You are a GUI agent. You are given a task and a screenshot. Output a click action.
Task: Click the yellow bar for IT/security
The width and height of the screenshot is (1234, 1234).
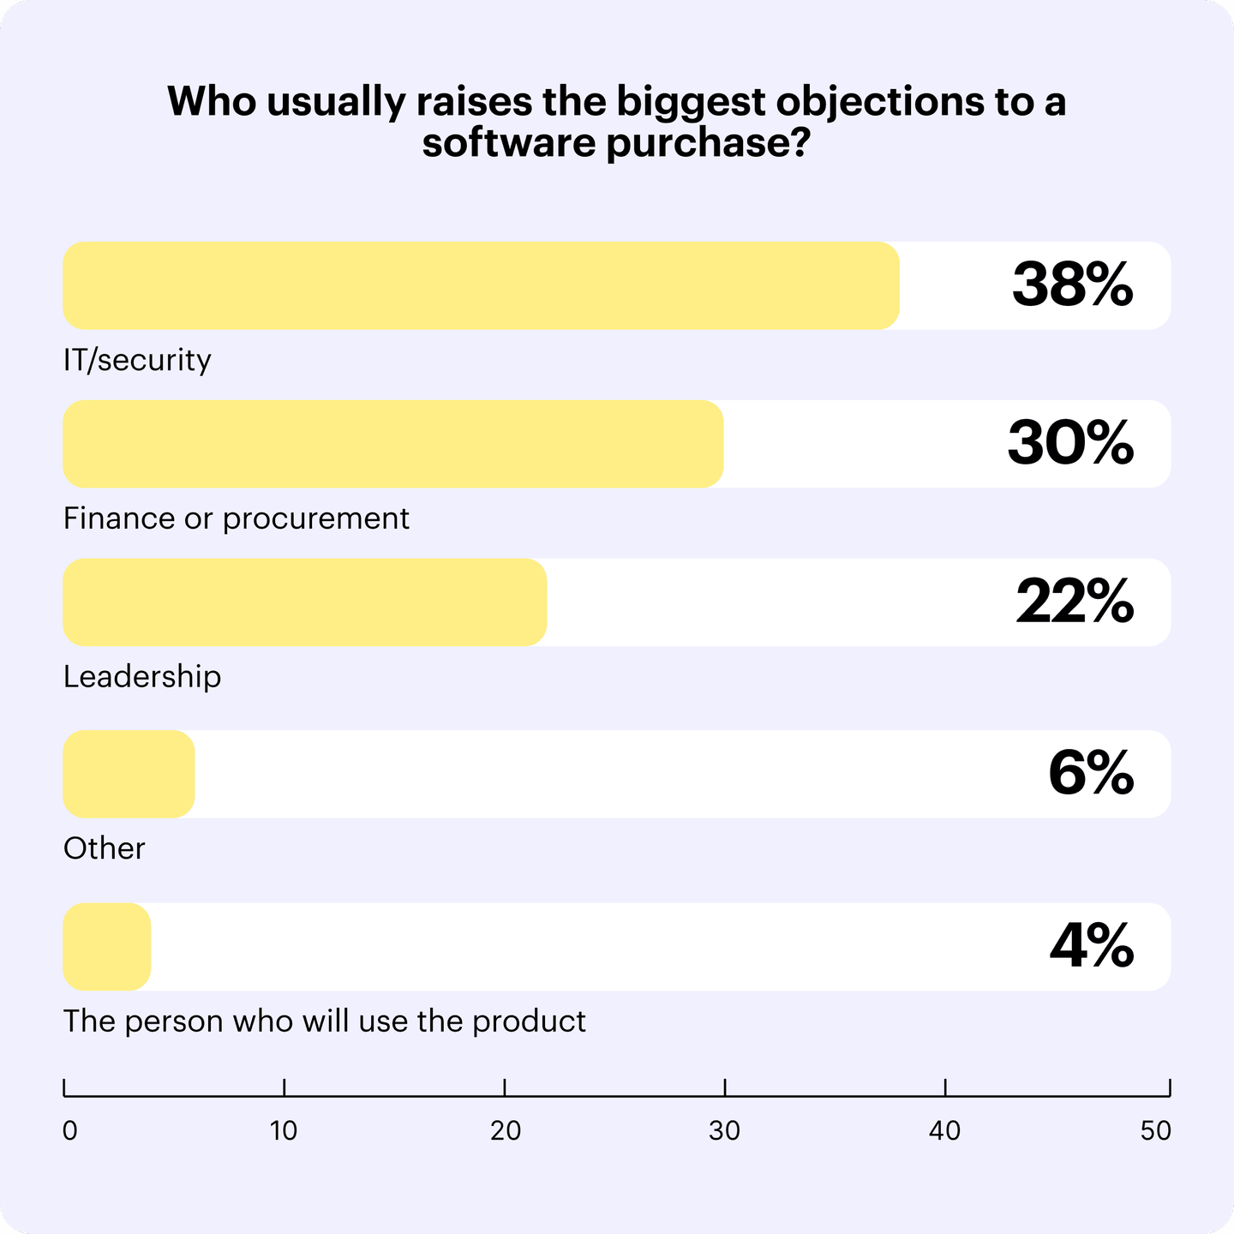click(481, 285)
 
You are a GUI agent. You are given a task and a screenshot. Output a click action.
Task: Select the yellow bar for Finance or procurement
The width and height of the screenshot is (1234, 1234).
click(392, 444)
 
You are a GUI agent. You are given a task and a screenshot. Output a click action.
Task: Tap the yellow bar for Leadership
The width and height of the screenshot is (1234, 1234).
click(304, 602)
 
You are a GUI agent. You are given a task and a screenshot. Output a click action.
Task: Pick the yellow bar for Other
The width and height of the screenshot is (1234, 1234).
click(129, 774)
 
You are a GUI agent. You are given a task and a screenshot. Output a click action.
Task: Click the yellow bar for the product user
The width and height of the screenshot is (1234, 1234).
click(107, 947)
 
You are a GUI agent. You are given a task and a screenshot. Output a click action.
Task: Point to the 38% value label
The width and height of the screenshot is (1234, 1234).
click(1072, 285)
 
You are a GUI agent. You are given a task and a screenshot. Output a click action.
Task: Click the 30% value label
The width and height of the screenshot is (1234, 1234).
click(1070, 444)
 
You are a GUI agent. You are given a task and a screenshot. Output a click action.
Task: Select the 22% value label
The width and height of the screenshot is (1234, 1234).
click(1075, 602)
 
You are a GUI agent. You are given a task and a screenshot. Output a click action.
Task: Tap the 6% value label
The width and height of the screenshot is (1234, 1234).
click(1090, 774)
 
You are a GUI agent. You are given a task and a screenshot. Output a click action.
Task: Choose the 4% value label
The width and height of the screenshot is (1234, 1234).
click(1091, 947)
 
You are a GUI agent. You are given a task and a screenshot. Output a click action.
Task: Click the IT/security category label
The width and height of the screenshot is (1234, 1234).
click(137, 360)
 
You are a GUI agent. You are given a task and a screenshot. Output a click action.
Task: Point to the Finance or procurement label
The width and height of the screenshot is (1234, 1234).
click(237, 518)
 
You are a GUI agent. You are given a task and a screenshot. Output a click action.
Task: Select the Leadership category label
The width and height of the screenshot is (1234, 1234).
click(142, 677)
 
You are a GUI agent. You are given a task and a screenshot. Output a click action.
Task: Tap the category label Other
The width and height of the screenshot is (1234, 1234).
click(105, 848)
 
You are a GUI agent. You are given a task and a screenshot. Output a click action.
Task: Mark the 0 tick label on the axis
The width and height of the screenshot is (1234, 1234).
click(70, 1131)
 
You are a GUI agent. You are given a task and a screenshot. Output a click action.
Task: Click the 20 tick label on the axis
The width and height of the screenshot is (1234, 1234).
click(506, 1131)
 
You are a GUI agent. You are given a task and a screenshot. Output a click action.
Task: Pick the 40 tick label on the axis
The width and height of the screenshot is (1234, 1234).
click(945, 1131)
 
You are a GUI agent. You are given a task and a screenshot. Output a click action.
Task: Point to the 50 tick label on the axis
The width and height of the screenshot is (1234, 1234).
click(1155, 1131)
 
